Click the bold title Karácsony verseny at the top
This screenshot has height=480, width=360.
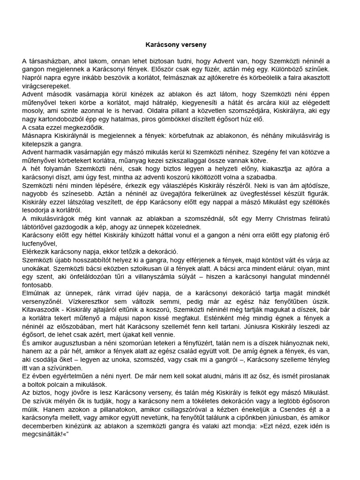(176, 45)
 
